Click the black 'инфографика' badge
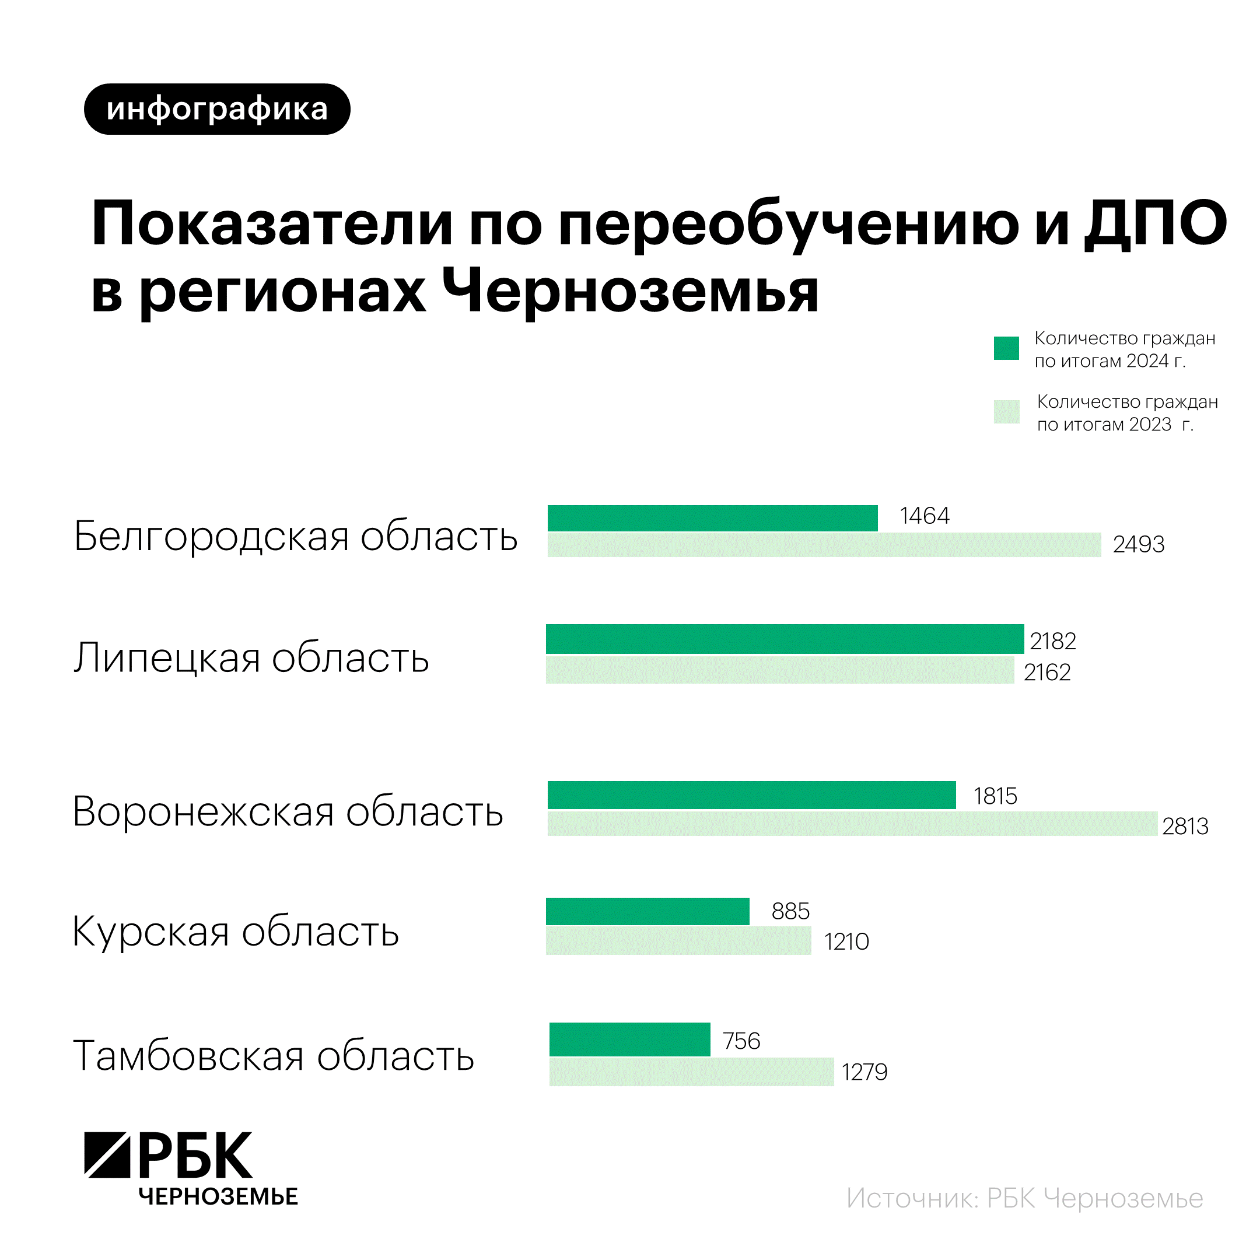point(217,109)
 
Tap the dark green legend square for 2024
point(1006,348)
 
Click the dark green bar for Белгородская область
point(712,518)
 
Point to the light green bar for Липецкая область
point(779,670)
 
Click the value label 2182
point(1052,641)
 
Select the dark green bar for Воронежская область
point(751,795)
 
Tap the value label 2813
point(1185,827)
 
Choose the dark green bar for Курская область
point(647,911)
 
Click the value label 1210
point(846,942)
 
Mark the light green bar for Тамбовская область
point(691,1072)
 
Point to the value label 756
point(741,1041)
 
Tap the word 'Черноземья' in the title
point(630,290)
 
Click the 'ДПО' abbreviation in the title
point(1155,223)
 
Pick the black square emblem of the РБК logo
point(107,1154)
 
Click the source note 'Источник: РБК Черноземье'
point(1024,1199)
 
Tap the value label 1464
point(924,516)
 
